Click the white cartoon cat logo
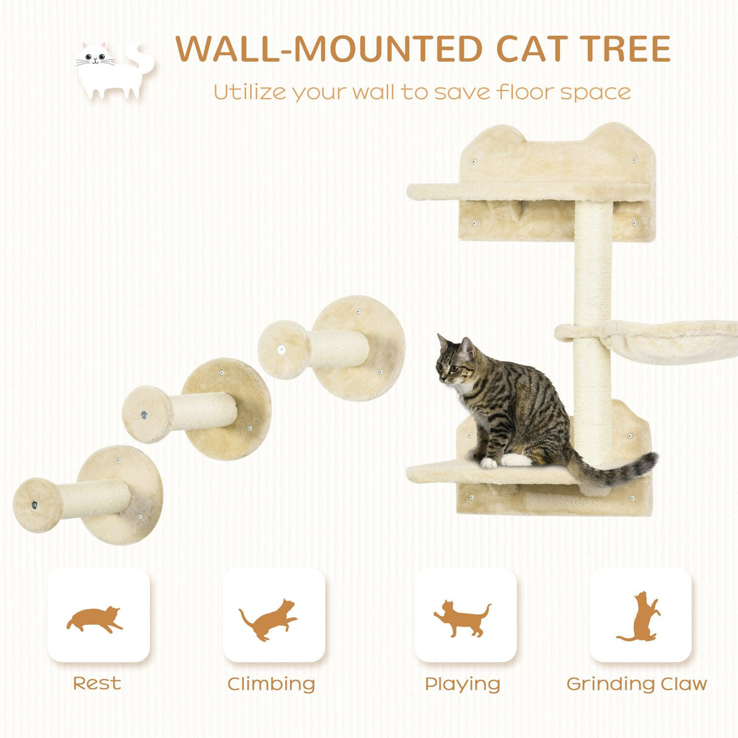click(x=113, y=70)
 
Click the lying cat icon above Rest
click(x=95, y=619)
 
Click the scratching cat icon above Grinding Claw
click(x=641, y=617)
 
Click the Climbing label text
click(x=271, y=684)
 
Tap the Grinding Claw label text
click(x=636, y=684)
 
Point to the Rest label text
click(x=97, y=683)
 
